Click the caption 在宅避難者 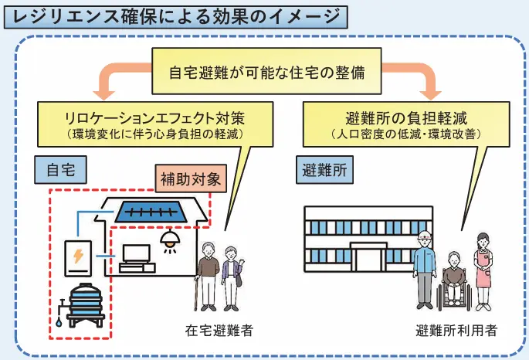[219, 331]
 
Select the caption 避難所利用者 [456, 331]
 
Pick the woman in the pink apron [483, 267]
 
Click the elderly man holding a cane [206, 274]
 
